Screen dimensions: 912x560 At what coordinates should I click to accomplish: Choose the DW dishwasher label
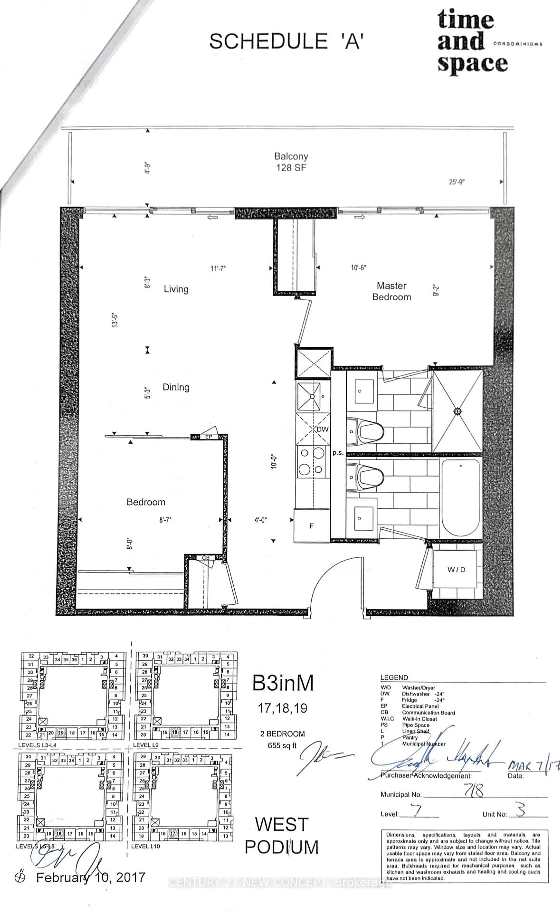click(323, 429)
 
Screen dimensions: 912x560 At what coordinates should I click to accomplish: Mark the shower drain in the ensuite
click(457, 411)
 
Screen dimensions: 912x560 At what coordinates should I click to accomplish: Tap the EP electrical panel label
click(209, 437)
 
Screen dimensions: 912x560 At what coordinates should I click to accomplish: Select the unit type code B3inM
click(283, 683)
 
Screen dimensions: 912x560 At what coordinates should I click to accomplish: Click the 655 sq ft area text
click(282, 745)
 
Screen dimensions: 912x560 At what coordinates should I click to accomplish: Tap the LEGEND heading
click(394, 677)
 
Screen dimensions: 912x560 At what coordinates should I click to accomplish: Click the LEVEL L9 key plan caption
click(146, 745)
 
